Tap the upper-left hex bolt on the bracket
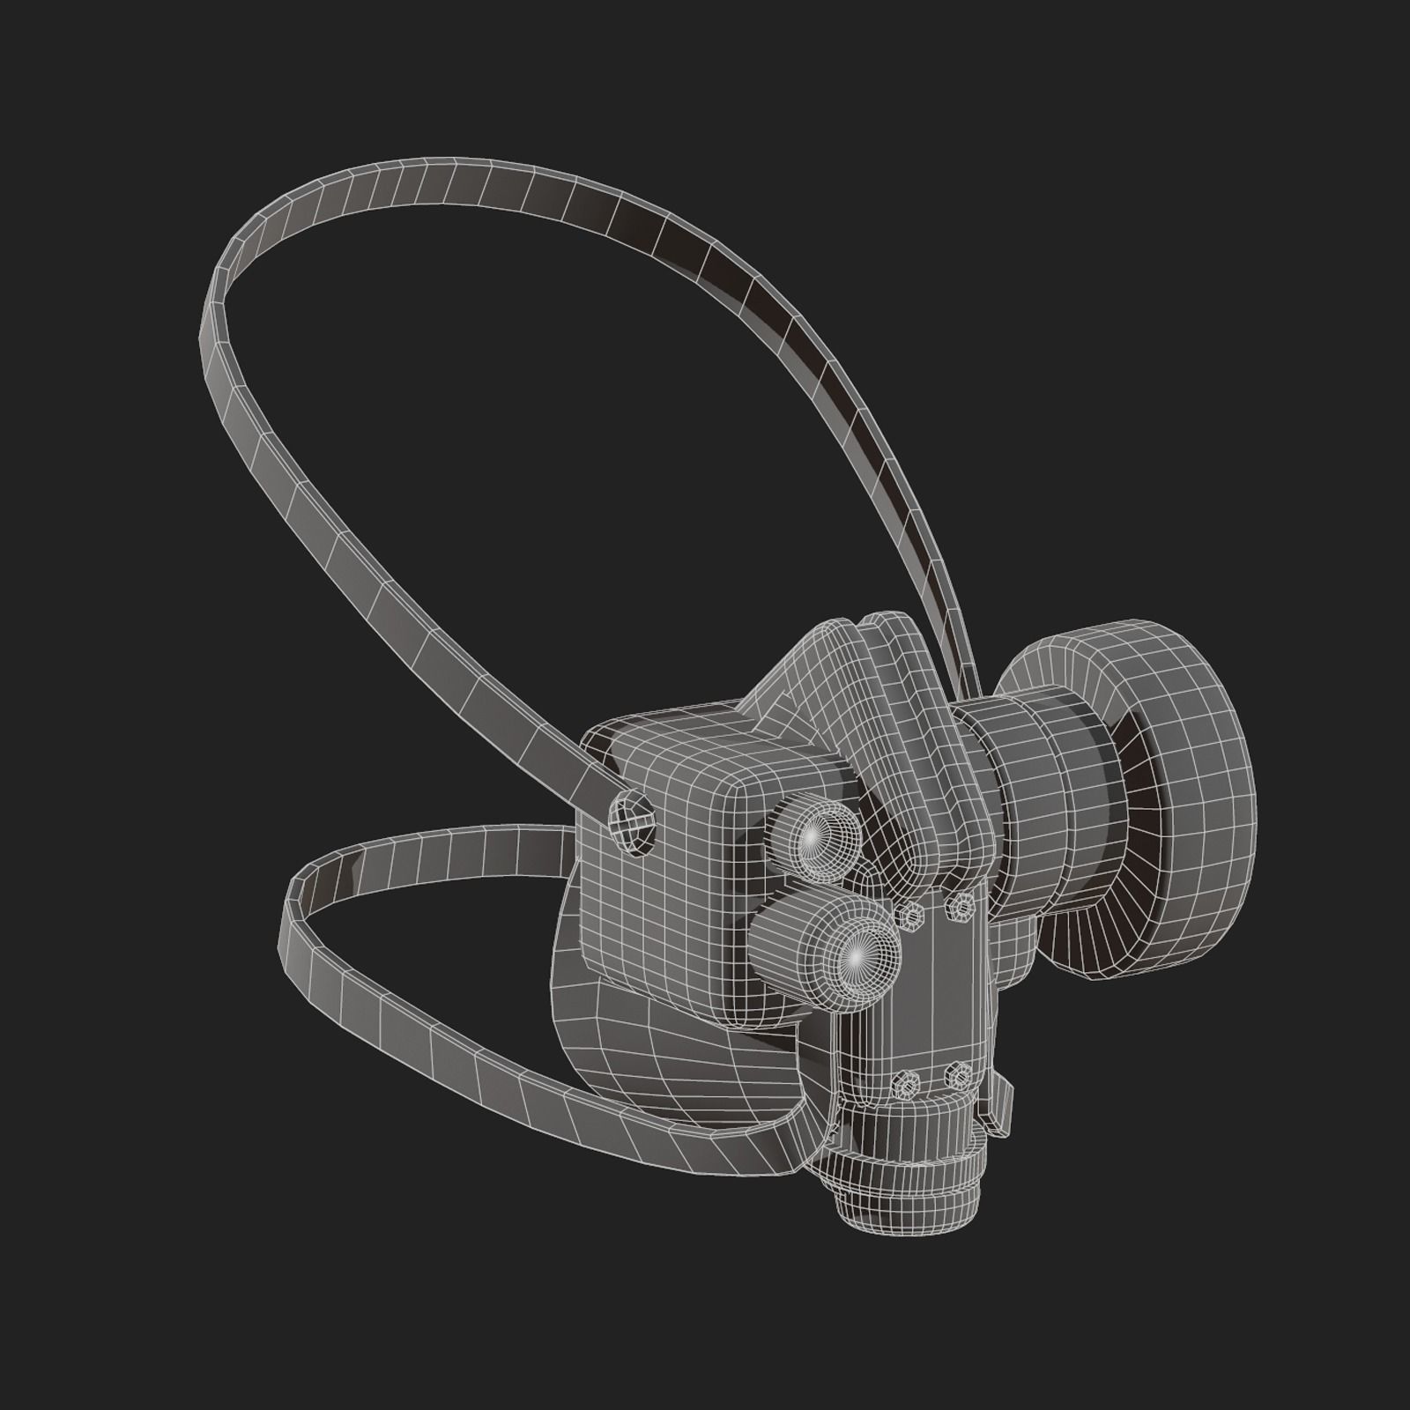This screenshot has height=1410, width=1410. pyautogui.click(x=911, y=917)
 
